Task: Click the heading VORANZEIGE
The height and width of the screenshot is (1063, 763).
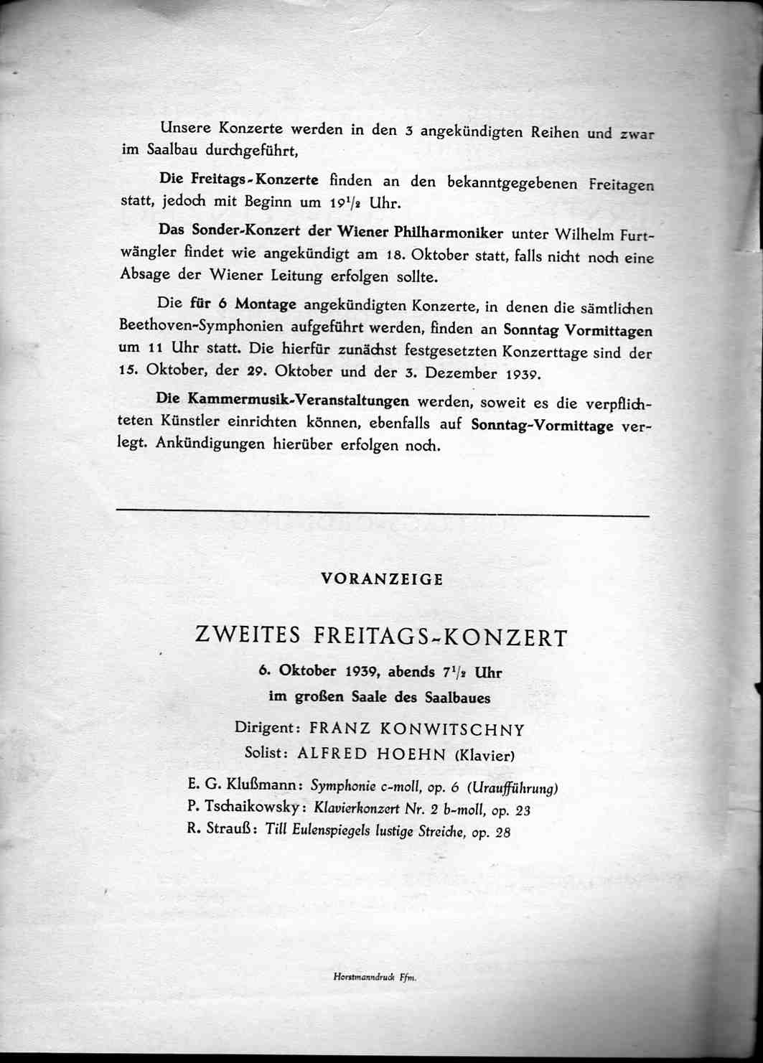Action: point(382,579)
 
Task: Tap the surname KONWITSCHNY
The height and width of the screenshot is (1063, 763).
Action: point(452,730)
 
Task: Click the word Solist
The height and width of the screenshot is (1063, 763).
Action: point(266,753)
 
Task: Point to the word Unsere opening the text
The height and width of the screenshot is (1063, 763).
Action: point(186,128)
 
